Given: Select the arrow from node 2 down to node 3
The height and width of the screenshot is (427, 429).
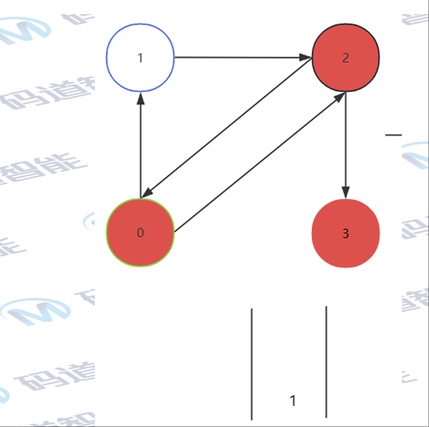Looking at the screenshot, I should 345,141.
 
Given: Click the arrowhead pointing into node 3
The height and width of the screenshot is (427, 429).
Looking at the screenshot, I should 345,193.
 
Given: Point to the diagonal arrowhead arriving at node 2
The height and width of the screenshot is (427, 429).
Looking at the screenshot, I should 339,97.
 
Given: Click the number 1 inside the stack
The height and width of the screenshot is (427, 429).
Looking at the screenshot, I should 292,401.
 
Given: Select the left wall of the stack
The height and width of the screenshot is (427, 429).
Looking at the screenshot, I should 252,361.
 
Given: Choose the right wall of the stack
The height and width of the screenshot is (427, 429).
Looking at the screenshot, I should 326,361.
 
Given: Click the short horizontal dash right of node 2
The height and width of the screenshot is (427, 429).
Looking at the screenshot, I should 393,135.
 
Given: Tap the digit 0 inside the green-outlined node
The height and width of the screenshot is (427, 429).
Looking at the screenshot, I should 141,233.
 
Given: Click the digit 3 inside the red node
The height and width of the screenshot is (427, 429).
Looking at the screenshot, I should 345,233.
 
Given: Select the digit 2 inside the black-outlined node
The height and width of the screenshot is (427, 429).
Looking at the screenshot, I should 345,58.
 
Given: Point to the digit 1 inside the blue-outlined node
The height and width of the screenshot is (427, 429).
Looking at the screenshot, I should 141,58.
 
